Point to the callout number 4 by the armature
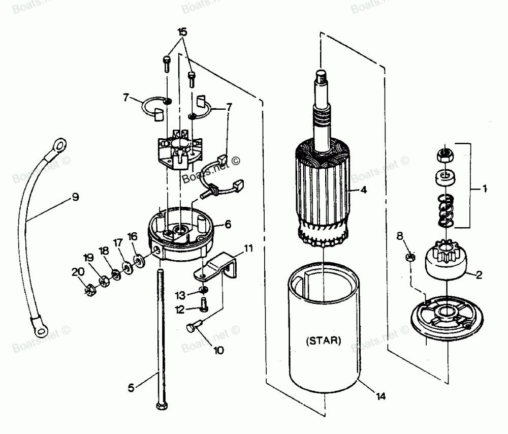364,191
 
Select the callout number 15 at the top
181,32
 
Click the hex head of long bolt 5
161,407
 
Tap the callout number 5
131,388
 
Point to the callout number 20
78,272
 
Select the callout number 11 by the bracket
247,249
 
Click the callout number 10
218,350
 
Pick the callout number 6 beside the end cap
228,224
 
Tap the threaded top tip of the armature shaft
321,76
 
